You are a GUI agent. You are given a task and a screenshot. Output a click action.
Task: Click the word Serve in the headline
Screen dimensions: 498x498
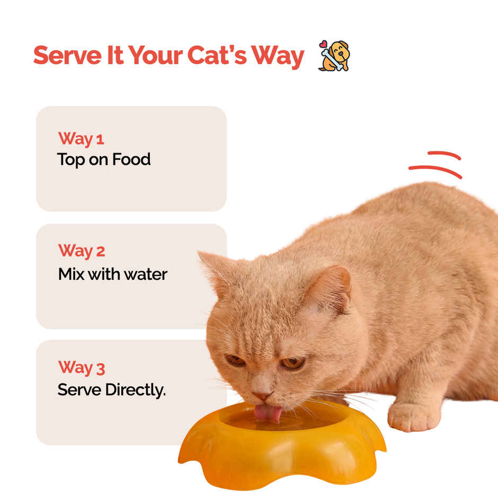(x=68, y=55)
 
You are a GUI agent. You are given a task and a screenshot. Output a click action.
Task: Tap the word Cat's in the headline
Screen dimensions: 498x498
(x=217, y=55)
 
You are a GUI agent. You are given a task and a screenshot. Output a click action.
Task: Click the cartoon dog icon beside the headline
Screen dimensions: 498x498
(x=334, y=56)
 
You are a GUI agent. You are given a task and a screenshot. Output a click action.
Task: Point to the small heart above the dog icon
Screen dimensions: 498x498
(x=323, y=44)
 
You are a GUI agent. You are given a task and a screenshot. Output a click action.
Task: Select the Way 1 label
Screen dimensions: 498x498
(x=81, y=139)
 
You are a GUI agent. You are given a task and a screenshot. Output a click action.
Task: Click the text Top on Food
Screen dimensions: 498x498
(x=104, y=159)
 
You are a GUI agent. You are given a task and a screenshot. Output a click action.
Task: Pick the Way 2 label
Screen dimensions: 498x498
(x=82, y=251)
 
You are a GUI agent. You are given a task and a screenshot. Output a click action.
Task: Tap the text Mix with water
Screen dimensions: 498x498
(x=113, y=274)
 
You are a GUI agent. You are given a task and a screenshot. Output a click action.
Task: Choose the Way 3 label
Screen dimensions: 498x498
(x=82, y=368)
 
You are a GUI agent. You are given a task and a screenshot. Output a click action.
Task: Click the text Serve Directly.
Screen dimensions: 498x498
(x=111, y=390)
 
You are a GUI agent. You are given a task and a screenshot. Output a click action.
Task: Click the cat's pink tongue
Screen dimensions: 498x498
(x=268, y=413)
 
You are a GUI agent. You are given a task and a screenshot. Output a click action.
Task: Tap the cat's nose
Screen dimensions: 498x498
(x=262, y=395)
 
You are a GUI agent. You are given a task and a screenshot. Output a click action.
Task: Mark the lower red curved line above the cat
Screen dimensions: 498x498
(x=435, y=170)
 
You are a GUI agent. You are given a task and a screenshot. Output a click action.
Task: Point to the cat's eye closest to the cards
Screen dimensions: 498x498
(x=235, y=360)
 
